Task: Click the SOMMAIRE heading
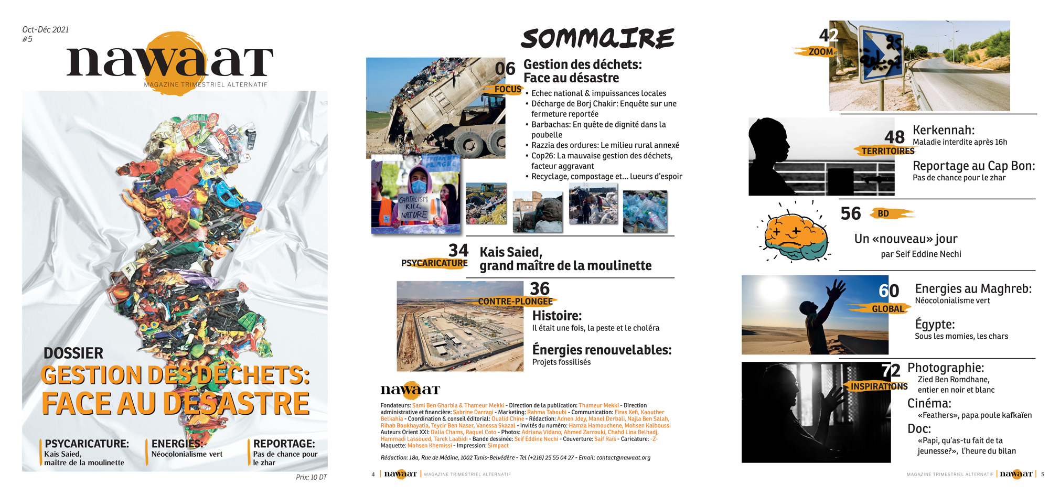[597, 39]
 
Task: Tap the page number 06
[505, 69]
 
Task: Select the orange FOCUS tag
[507, 89]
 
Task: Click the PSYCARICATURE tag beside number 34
[434, 263]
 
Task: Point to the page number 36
[540, 289]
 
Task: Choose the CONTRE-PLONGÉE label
[515, 302]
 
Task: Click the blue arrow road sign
[881, 55]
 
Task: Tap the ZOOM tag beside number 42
[820, 52]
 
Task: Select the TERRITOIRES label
[887, 151]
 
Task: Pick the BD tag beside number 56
[884, 213]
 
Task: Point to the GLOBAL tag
[887, 309]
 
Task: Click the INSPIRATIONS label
[879, 386]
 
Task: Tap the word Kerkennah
[944, 130]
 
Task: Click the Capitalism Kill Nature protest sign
[414, 207]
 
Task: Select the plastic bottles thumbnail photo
[645, 211]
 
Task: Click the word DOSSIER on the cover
[73, 353]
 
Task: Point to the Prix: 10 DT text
[311, 477]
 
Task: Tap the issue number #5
[27, 39]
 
